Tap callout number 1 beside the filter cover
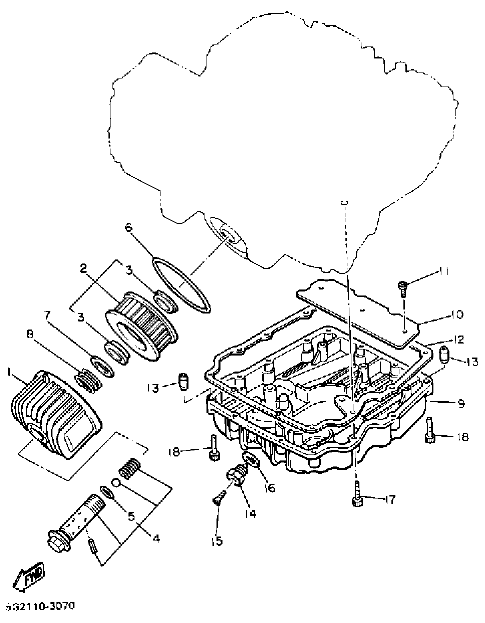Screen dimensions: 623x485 tap(10, 372)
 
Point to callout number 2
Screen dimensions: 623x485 tap(84, 268)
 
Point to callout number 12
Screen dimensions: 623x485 tap(459, 340)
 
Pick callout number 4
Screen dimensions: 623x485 tap(156, 538)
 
